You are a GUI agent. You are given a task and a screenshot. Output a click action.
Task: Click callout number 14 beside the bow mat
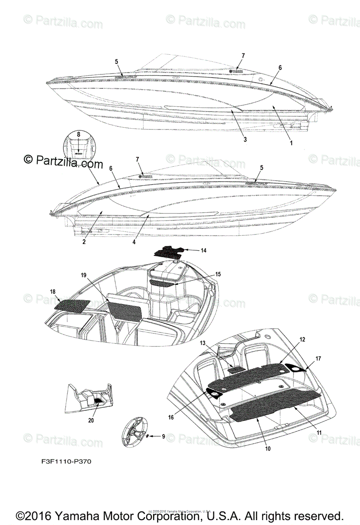(x=203, y=251)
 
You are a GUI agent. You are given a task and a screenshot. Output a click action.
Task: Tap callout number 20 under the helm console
(x=91, y=420)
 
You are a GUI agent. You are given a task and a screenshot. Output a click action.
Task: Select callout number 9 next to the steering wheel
(x=163, y=436)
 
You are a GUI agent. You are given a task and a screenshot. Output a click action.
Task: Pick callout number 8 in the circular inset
(x=79, y=135)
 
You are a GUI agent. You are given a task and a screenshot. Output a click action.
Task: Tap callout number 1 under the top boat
(x=291, y=142)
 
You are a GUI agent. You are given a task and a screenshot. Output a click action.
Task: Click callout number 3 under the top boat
(x=245, y=140)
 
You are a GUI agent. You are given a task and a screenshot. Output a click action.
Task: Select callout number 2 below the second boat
(x=84, y=241)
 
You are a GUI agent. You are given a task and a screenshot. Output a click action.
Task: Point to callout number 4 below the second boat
(x=134, y=241)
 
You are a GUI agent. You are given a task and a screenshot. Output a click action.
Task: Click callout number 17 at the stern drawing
(x=318, y=358)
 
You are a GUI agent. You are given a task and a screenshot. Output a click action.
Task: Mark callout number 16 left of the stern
(x=171, y=417)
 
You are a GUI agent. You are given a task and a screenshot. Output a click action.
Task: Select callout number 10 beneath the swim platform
(x=268, y=448)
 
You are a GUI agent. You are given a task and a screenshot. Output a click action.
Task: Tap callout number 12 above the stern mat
(x=303, y=339)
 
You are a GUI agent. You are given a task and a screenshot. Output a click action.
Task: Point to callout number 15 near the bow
(x=217, y=274)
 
